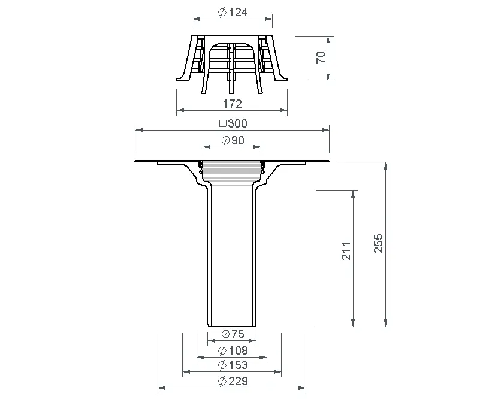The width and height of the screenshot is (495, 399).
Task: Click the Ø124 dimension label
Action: click(233, 13)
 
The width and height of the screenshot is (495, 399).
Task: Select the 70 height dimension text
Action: click(321, 57)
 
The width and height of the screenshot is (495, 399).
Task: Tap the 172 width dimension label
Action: click(233, 104)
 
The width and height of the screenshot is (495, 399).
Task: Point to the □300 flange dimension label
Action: click(233, 123)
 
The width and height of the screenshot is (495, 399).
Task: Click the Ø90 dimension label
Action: click(233, 140)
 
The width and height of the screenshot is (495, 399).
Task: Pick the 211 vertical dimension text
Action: click(346, 251)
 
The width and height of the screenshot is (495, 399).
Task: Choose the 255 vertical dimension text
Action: click(378, 243)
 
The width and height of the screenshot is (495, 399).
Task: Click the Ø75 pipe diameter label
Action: click(233, 334)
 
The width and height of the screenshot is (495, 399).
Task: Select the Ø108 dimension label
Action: click(233, 350)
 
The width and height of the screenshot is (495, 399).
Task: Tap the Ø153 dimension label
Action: click(233, 365)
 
